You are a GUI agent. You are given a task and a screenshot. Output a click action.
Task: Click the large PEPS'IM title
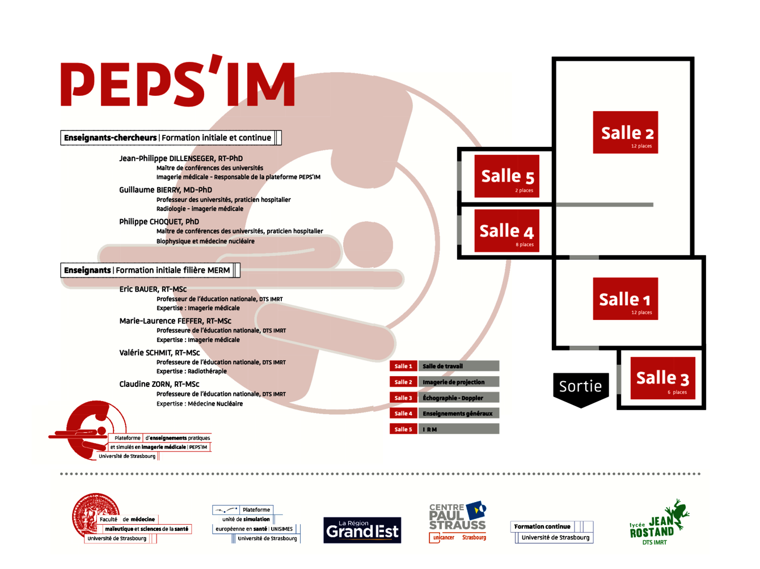pyautogui.click(x=178, y=84)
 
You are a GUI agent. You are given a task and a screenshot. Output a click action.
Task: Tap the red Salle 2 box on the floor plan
pyautogui.click(x=626, y=132)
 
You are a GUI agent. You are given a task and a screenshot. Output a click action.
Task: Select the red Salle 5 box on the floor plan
pyautogui.click(x=506, y=176)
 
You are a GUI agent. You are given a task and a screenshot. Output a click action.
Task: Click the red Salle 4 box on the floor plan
pyautogui.click(x=506, y=231)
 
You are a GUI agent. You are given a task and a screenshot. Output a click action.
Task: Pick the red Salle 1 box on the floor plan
pyautogui.click(x=625, y=299)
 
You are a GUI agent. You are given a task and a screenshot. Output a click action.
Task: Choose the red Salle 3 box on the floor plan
pyautogui.click(x=662, y=378)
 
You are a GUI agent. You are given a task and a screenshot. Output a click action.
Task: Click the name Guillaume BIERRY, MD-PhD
pyautogui.click(x=166, y=190)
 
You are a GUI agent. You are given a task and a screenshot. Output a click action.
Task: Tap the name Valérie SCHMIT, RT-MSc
pyautogui.click(x=159, y=353)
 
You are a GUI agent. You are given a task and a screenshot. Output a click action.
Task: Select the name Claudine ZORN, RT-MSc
pyautogui.click(x=159, y=384)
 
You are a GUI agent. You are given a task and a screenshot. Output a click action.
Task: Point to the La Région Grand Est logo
pyautogui.click(x=362, y=530)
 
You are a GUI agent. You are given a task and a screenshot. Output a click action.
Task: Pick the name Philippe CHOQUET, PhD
pyautogui.click(x=159, y=222)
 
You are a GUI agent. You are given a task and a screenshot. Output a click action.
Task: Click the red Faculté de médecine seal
pyautogui.click(x=94, y=513)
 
